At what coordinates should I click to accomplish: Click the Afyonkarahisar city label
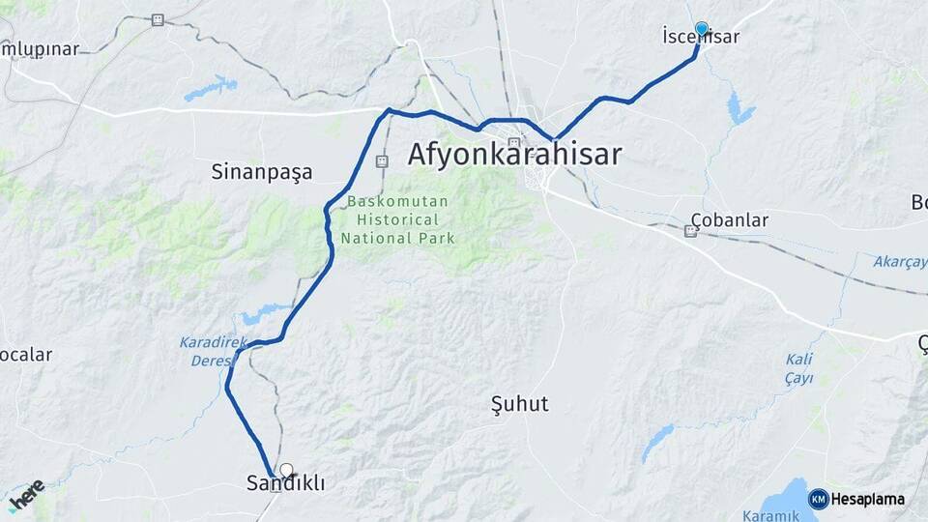pyautogui.click(x=514, y=155)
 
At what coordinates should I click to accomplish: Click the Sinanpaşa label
pyautogui.click(x=262, y=172)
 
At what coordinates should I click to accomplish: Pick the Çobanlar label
pyautogui.click(x=731, y=219)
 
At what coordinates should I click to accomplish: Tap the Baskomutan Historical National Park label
pyautogui.click(x=397, y=219)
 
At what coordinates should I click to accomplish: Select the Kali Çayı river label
pyautogui.click(x=798, y=367)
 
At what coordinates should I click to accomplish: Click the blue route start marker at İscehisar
pyautogui.click(x=702, y=29)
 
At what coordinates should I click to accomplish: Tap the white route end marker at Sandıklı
pyautogui.click(x=286, y=470)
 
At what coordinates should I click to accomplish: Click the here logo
pyautogui.click(x=26, y=494)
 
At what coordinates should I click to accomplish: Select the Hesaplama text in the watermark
pyautogui.click(x=868, y=499)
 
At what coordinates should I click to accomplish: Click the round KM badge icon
pyautogui.click(x=819, y=499)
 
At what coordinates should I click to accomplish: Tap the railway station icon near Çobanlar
pyautogui.click(x=690, y=230)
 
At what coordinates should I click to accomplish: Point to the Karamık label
pyautogui.click(x=769, y=515)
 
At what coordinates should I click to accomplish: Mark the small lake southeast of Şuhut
pyautogui.click(x=657, y=441)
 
